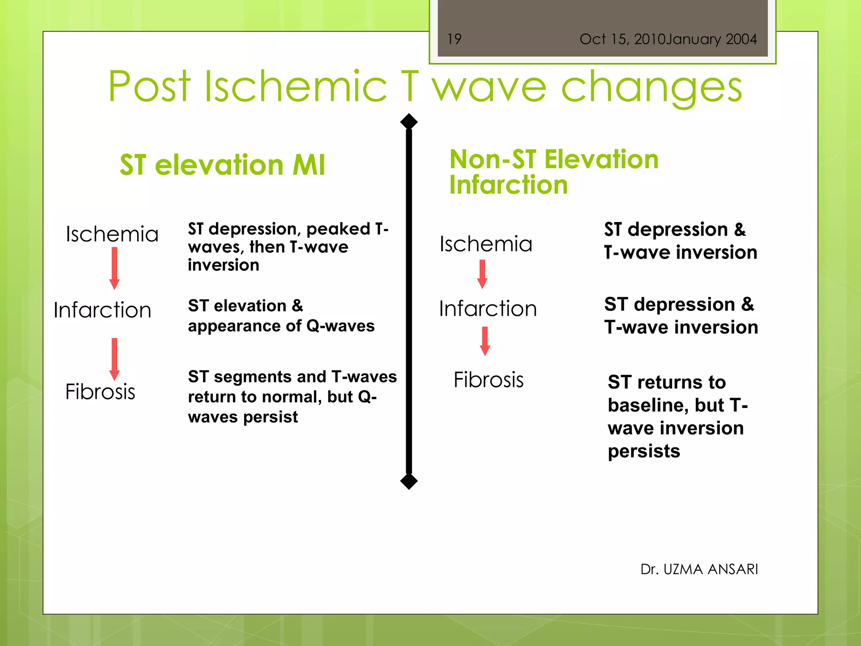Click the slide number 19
point(454,39)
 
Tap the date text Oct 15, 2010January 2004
point(668,39)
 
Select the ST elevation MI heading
point(222,164)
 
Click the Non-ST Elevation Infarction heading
point(554,172)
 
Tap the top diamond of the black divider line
point(409,122)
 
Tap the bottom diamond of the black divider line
point(409,481)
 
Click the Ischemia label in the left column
point(112,234)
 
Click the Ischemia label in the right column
point(486,244)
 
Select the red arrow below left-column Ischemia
point(114,268)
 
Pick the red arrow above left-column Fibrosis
point(114,359)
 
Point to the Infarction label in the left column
point(102,310)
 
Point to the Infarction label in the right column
point(488,309)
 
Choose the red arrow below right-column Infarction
point(485,341)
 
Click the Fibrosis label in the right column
point(489,380)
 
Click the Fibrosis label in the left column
point(100,392)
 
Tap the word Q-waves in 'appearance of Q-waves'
point(340,326)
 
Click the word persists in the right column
point(644,451)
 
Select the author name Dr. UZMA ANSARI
point(699,569)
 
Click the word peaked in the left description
point(338,229)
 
